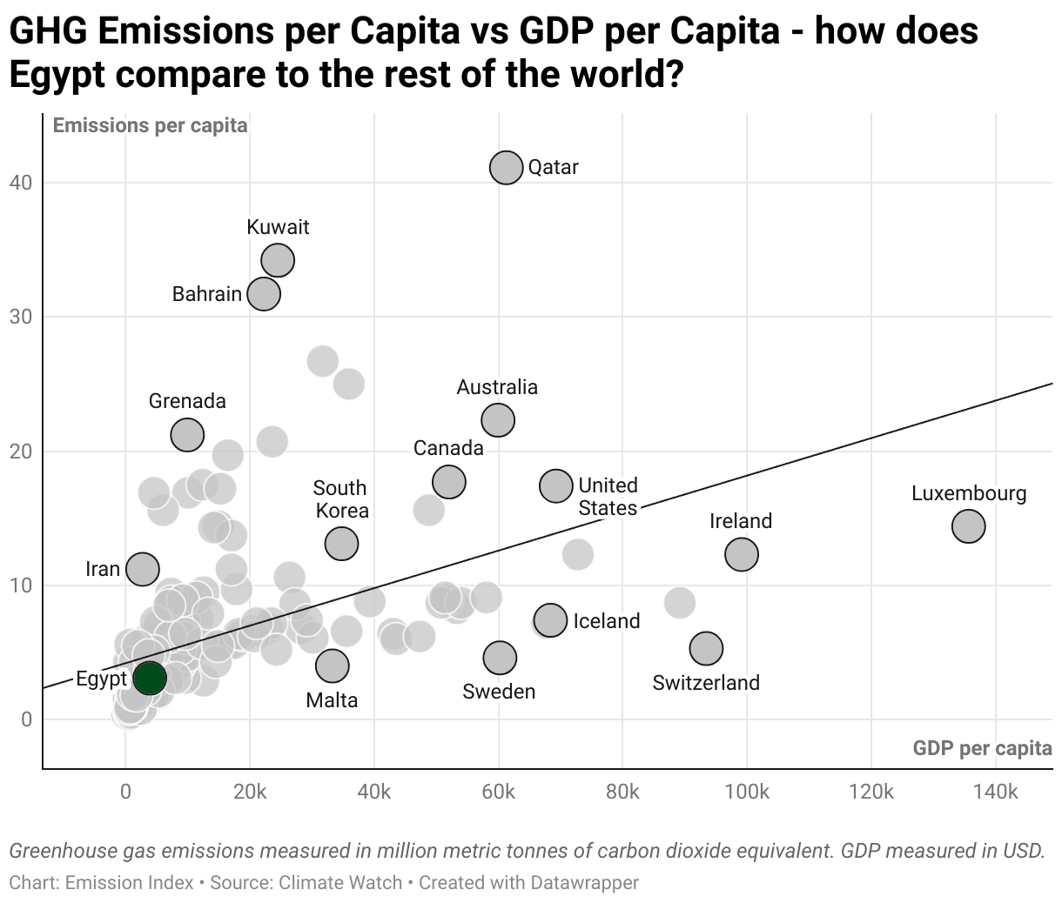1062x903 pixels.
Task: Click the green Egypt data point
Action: pyautogui.click(x=150, y=678)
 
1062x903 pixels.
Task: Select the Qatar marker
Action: pyautogui.click(x=506, y=167)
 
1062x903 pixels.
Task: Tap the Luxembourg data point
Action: pyautogui.click(x=968, y=525)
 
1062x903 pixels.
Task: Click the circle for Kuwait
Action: pyautogui.click(x=278, y=259)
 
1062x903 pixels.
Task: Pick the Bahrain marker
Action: pyautogui.click(x=264, y=293)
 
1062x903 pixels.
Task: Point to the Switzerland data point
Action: pyautogui.click(x=706, y=647)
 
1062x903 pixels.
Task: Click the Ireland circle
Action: pyautogui.click(x=741, y=553)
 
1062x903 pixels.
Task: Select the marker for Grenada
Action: pyautogui.click(x=187, y=434)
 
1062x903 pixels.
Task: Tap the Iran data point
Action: pyautogui.click(x=143, y=569)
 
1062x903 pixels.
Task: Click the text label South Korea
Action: pyautogui.click(x=340, y=499)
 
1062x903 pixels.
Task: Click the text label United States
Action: pyautogui.click(x=608, y=496)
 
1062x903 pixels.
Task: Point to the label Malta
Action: pyautogui.click(x=332, y=700)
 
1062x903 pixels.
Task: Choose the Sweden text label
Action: pyautogui.click(x=499, y=692)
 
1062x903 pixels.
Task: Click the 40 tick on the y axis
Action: pyautogui.click(x=21, y=183)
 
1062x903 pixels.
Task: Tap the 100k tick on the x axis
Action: pyautogui.click(x=746, y=792)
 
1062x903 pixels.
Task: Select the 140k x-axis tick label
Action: pyautogui.click(x=995, y=792)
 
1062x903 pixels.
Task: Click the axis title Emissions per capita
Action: pyautogui.click(x=150, y=125)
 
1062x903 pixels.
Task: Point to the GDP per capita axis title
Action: pyautogui.click(x=982, y=748)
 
